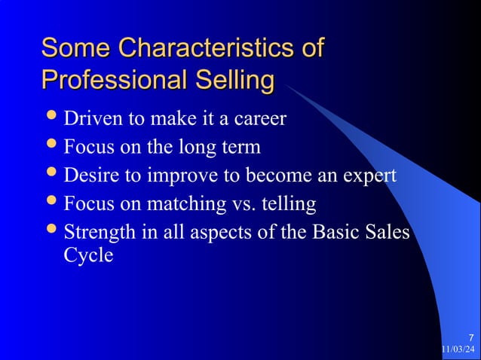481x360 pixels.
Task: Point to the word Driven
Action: coord(90,118)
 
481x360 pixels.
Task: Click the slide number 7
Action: coord(471,337)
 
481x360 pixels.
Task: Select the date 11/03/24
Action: coord(458,349)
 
